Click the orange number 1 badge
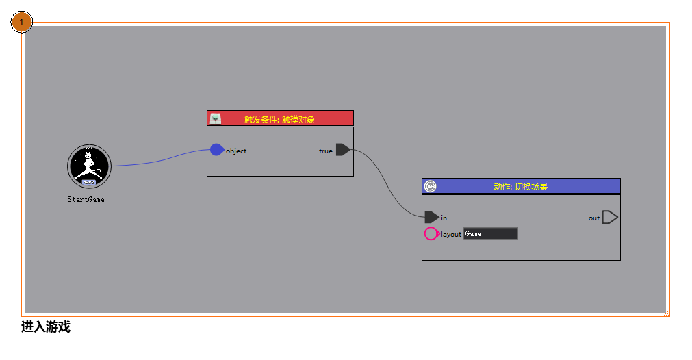pyautogui.click(x=22, y=23)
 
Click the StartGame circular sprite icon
pyautogui.click(x=89, y=166)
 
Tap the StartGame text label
pyautogui.click(x=86, y=200)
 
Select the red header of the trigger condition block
pyautogui.click(x=280, y=119)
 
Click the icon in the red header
pyautogui.click(x=216, y=118)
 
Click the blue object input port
pyautogui.click(x=216, y=150)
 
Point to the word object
pyautogui.click(x=236, y=151)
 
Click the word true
pyautogui.click(x=326, y=151)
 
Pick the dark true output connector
pyautogui.click(x=343, y=150)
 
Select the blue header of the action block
pyautogui.click(x=521, y=186)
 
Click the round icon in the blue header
pyautogui.click(x=430, y=186)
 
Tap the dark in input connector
pyautogui.click(x=431, y=217)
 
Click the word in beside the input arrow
pyautogui.click(x=444, y=218)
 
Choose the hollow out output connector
pyautogui.click(x=610, y=218)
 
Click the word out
pyautogui.click(x=594, y=218)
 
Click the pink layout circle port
pyautogui.click(x=431, y=233)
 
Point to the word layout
pyautogui.click(x=451, y=234)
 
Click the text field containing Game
pyautogui.click(x=490, y=233)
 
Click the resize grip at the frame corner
pyautogui.click(x=666, y=313)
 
